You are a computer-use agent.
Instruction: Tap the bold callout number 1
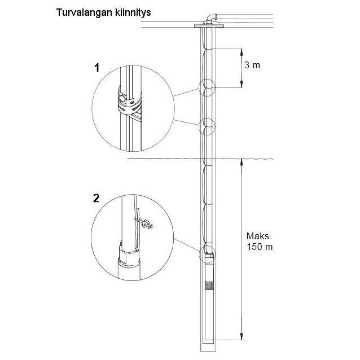tap(96, 68)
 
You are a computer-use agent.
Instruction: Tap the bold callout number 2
tap(96, 198)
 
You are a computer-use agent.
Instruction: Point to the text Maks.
tap(258, 236)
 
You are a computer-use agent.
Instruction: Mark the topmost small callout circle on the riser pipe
tap(207, 87)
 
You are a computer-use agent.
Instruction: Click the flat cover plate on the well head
tap(208, 26)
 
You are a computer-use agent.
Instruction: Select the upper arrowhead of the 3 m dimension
tap(241, 50)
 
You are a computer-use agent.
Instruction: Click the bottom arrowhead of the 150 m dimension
tap(242, 338)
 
